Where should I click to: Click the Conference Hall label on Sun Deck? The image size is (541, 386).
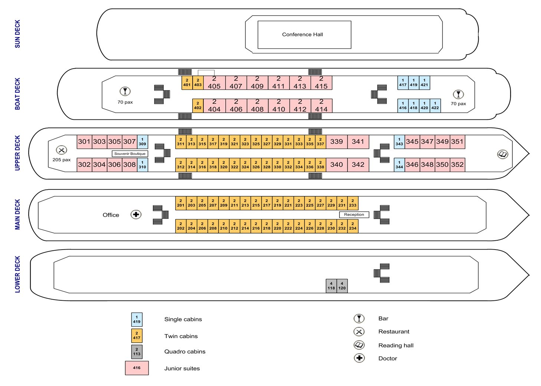click(x=302, y=34)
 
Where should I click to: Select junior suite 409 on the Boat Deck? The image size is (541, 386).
click(x=257, y=83)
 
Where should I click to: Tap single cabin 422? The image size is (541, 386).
click(x=435, y=106)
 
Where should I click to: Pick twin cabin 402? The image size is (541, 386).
click(x=198, y=106)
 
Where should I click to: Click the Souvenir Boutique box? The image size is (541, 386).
click(x=130, y=154)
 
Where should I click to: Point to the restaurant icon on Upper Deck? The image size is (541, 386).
click(x=61, y=150)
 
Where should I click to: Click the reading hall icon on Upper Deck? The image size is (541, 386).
click(x=503, y=154)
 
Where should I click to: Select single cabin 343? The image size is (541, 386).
click(x=399, y=142)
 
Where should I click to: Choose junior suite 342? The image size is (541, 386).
click(x=358, y=165)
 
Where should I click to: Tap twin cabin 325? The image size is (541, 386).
click(x=256, y=142)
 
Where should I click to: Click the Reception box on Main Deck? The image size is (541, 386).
click(x=354, y=215)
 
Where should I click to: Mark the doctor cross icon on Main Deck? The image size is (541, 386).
click(x=136, y=214)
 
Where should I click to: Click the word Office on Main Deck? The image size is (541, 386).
click(x=111, y=215)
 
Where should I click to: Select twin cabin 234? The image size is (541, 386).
click(x=353, y=226)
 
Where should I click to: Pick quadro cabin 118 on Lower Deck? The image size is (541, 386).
click(x=331, y=286)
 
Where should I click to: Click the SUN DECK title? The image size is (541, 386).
click(x=17, y=34)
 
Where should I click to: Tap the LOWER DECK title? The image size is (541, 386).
click(x=17, y=274)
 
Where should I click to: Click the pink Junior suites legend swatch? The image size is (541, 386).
click(x=137, y=368)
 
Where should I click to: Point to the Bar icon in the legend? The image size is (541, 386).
click(x=359, y=319)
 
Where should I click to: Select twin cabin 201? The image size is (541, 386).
click(x=181, y=203)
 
